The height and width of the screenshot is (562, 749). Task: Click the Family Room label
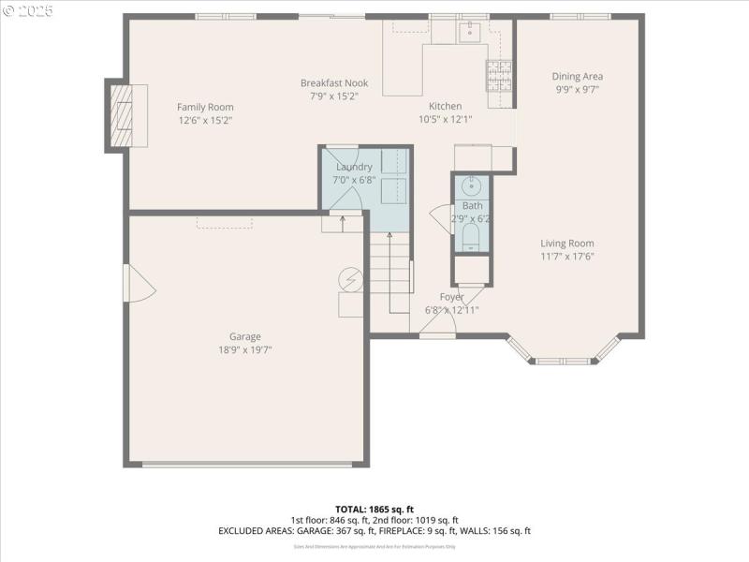click(x=205, y=107)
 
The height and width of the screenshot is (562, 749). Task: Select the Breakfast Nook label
click(x=334, y=82)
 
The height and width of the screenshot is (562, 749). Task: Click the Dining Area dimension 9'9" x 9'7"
click(x=577, y=90)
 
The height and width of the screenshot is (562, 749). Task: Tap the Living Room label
click(x=567, y=244)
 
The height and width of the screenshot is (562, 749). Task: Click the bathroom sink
click(x=472, y=185)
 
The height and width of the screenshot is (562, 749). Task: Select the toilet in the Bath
click(x=472, y=236)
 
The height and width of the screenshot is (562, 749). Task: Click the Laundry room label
click(x=354, y=167)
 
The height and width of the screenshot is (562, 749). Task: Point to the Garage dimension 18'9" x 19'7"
click(x=245, y=349)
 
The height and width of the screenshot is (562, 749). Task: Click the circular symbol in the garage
click(x=350, y=279)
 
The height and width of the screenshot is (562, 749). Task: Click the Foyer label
click(x=452, y=297)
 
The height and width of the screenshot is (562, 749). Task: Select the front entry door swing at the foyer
click(x=438, y=322)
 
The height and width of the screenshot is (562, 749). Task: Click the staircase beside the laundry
click(x=391, y=276)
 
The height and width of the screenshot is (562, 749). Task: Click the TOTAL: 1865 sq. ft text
click(x=374, y=509)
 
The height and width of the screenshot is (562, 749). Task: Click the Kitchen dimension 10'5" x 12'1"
click(x=445, y=119)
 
